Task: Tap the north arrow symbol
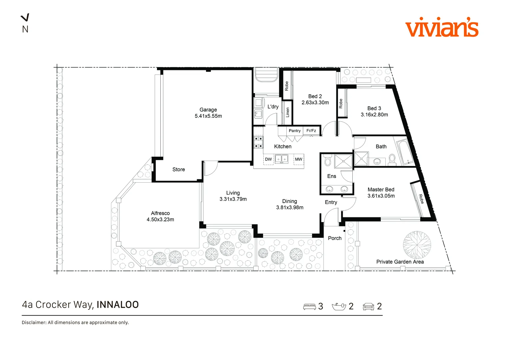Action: coord(25,17)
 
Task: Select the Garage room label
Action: coord(208,110)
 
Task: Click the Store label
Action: coord(179,169)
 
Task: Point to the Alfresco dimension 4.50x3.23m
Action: coord(160,220)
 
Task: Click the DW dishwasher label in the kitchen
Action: coord(268,159)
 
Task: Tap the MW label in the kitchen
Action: coord(299,159)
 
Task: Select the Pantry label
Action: coord(294,131)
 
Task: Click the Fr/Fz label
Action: coord(311,131)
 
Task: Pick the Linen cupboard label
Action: coord(287,112)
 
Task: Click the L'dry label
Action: coord(273,107)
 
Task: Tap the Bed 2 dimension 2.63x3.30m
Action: coord(315,103)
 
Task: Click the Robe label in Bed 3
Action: coord(341,103)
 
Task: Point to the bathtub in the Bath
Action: coord(405,152)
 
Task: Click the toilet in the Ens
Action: coord(327,160)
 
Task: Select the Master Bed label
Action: coord(381,190)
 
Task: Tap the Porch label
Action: coord(335,238)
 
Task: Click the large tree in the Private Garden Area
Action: coord(417,245)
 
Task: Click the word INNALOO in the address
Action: coord(118,305)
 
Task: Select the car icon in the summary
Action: coord(368,307)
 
